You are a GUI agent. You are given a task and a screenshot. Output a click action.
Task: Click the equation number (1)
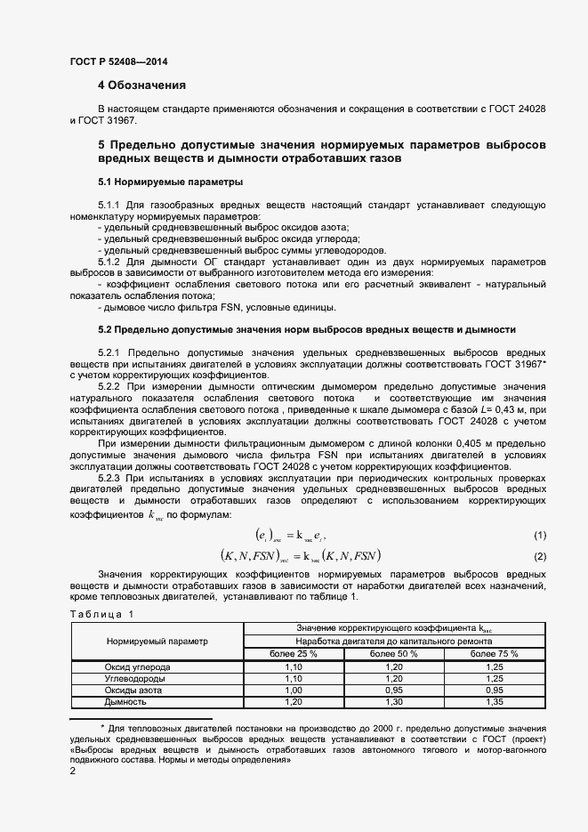tap(539, 535)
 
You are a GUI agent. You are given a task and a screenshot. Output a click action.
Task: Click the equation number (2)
tap(539, 556)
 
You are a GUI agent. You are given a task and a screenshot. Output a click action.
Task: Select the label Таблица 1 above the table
tap(101, 614)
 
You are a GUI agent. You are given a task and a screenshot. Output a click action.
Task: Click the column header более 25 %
tap(293, 653)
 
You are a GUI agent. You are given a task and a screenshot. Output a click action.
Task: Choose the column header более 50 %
tap(394, 653)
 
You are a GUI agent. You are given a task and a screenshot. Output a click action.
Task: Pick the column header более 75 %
tap(495, 653)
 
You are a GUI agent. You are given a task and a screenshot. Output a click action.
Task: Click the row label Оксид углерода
tap(138, 666)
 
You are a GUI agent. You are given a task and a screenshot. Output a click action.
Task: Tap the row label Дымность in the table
tap(125, 701)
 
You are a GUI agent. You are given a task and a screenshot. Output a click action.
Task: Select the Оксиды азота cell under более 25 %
tap(293, 690)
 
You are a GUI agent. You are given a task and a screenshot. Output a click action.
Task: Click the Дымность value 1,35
tap(495, 701)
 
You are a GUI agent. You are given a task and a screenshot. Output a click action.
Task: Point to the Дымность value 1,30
tap(394, 701)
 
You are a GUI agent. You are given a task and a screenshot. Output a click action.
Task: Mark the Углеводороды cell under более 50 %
tap(394, 678)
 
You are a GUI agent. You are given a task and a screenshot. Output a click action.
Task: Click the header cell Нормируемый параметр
tap(157, 641)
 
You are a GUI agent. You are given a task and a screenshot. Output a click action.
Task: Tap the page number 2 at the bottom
tap(72, 771)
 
